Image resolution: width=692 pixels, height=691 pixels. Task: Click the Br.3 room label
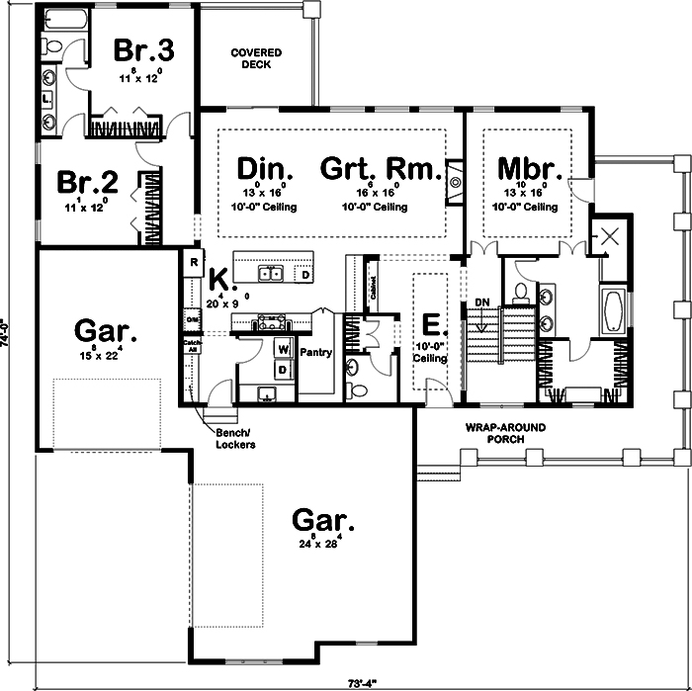[x=144, y=49]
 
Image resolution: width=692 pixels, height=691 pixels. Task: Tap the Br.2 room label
[x=88, y=183]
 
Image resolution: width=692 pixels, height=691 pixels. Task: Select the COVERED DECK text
[x=256, y=58]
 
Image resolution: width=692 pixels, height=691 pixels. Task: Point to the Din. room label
[x=262, y=168]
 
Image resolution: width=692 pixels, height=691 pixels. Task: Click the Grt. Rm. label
[x=380, y=168]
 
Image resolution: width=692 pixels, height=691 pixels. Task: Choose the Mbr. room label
[x=529, y=168]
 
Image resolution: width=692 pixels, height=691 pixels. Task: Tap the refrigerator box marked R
[x=195, y=263]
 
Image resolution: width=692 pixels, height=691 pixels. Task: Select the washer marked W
[x=282, y=349]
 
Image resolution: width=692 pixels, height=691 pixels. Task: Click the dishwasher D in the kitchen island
[x=305, y=273]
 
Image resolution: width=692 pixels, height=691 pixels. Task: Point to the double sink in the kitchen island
[x=272, y=273]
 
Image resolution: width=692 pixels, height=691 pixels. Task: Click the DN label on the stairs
[x=482, y=302]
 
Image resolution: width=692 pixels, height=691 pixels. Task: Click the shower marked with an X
[x=609, y=237]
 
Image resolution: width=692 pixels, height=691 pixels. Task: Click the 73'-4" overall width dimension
[x=361, y=682]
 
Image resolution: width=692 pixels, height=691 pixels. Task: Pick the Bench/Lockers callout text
[x=236, y=439]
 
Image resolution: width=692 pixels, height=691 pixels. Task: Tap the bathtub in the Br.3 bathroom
[x=64, y=21]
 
